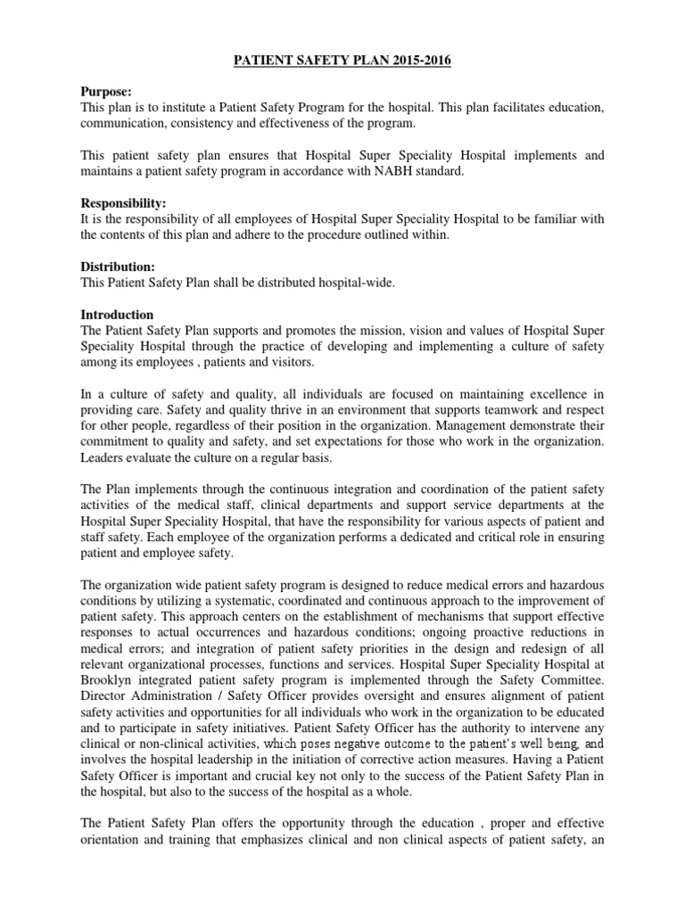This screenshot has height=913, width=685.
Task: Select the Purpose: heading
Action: tap(105, 92)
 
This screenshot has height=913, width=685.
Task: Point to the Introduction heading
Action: tap(117, 315)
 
